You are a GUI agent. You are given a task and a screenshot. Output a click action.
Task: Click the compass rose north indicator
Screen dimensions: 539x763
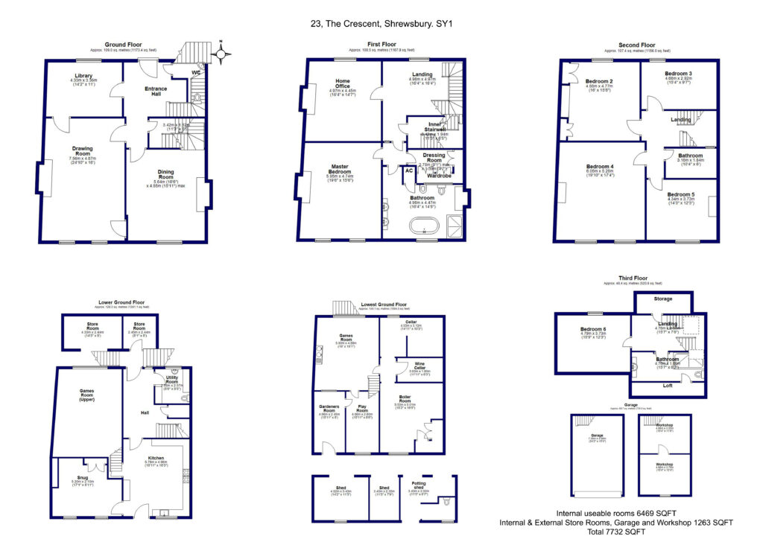(x=221, y=54)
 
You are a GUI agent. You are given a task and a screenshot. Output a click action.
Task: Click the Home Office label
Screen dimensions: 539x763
(x=343, y=84)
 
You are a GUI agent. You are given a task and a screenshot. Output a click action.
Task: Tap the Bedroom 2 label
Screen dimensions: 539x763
(x=599, y=81)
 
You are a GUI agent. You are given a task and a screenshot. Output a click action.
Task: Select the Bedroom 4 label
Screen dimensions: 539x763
(x=600, y=166)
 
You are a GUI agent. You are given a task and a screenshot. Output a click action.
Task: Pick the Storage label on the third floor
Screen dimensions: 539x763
(x=662, y=299)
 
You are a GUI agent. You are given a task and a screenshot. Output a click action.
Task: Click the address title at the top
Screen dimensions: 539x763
(x=381, y=24)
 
